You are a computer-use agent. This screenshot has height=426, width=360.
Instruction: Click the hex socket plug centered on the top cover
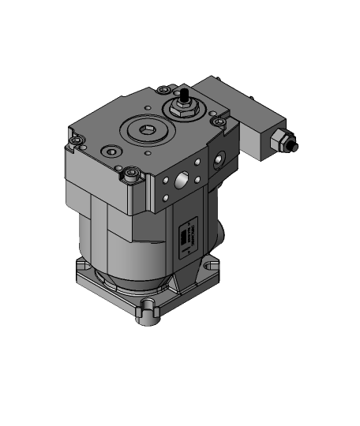tap(145, 129)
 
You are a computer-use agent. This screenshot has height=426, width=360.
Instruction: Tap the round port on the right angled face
tap(216, 162)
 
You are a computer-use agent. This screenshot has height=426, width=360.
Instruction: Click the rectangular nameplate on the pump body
tap(188, 237)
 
